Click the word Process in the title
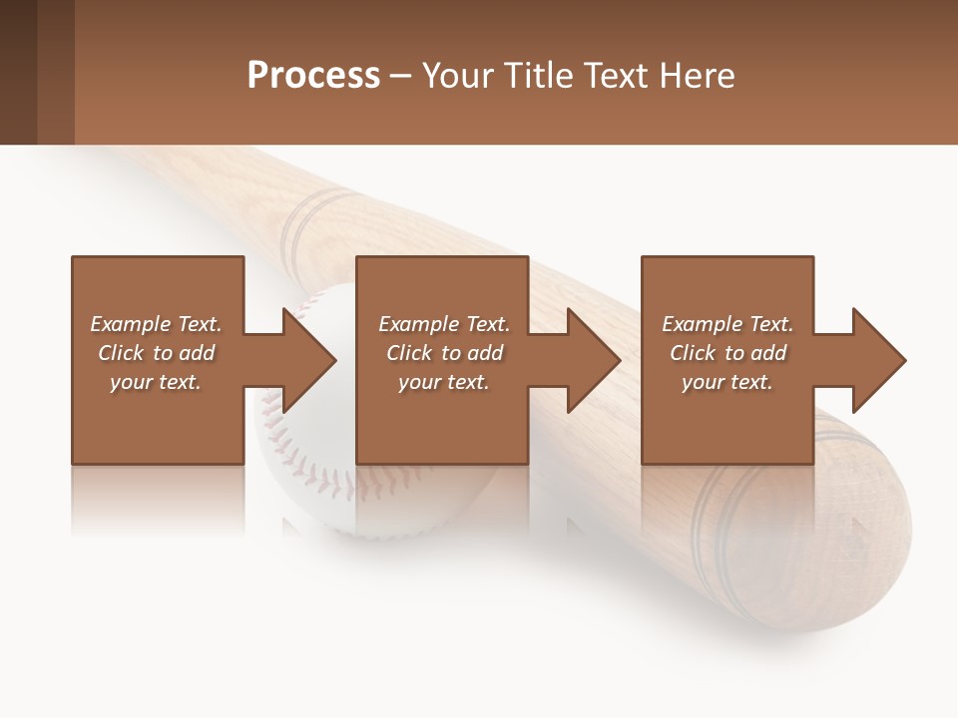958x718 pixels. [x=313, y=76]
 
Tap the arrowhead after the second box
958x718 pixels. [x=593, y=360]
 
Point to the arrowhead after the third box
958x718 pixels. [x=878, y=360]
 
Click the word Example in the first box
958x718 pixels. [x=130, y=324]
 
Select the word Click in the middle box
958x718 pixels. [x=409, y=353]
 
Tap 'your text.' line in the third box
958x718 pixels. [x=726, y=382]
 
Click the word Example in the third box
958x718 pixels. [x=702, y=324]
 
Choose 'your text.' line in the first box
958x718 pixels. [x=156, y=382]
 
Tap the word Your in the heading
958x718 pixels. [x=455, y=76]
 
